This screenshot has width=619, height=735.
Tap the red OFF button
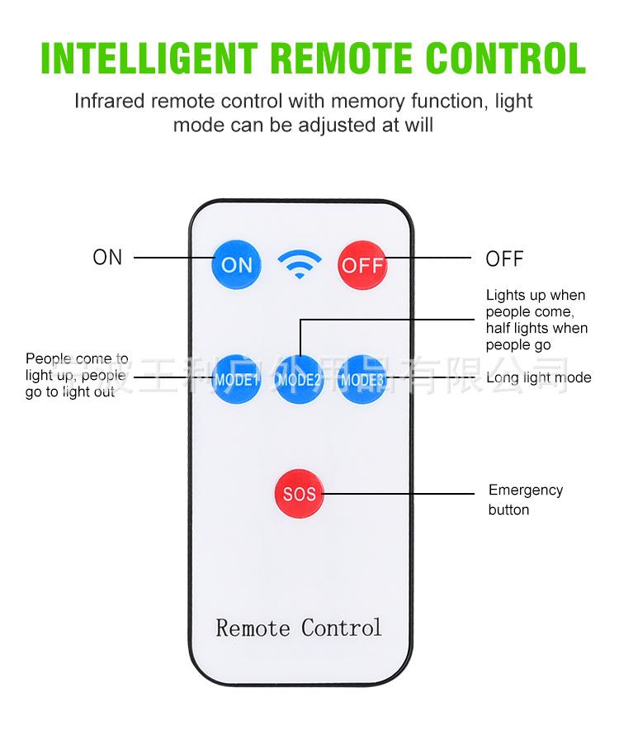pos(363,264)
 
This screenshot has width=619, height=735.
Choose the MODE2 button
pos(299,379)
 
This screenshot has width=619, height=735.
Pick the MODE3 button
pos(362,379)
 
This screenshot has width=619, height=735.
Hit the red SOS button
pos(299,494)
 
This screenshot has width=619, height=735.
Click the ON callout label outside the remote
pos(107,258)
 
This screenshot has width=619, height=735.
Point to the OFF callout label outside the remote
pos(504,259)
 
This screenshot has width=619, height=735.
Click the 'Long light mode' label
pos(539,378)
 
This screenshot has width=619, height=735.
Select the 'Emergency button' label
pos(525,500)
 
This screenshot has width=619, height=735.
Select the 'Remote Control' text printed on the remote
pos(299,628)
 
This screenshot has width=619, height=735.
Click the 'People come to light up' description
pos(76,375)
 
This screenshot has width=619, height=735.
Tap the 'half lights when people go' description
pos(536,336)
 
